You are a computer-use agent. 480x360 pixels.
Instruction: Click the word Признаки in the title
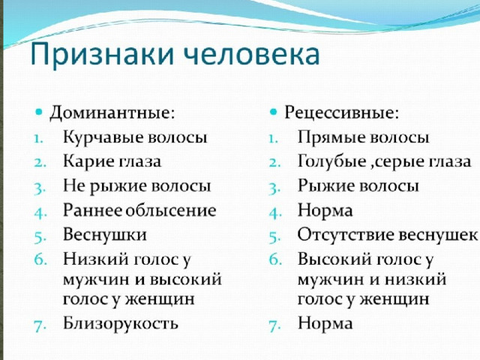click(x=103, y=55)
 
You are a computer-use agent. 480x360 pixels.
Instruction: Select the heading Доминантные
click(x=112, y=112)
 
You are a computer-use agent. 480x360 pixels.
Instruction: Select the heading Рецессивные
click(x=342, y=113)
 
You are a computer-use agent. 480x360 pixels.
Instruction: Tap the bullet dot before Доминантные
click(x=38, y=112)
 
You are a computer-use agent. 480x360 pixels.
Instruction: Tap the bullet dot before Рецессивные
click(x=273, y=112)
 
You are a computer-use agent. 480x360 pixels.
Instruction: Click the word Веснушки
click(x=105, y=235)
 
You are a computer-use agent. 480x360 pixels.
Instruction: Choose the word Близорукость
click(x=120, y=323)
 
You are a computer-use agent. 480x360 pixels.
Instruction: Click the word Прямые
click(x=331, y=137)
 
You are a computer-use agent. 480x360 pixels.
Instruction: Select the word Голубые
click(x=331, y=161)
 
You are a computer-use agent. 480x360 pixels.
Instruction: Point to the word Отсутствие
click(x=346, y=235)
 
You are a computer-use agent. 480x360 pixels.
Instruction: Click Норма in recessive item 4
click(x=325, y=210)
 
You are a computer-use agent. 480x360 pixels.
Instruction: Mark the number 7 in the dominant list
click(x=39, y=325)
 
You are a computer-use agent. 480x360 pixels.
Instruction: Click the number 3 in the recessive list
click(x=274, y=188)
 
